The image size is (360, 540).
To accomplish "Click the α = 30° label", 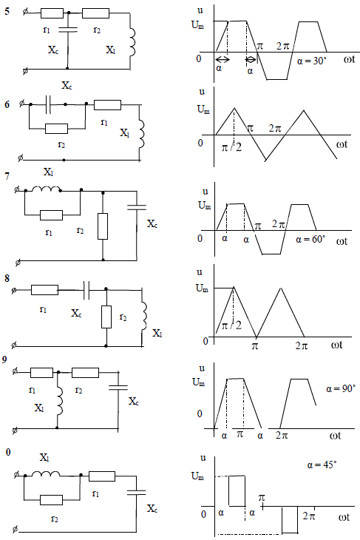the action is click(312, 61).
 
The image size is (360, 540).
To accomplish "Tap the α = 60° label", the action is click(310, 239).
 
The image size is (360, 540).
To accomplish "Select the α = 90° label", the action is click(340, 388).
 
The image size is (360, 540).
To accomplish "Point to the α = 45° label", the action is click(322, 465).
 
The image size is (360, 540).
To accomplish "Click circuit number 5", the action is click(7, 11).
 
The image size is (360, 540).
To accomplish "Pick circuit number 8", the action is click(7, 278).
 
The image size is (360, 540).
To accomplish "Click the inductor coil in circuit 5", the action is click(132, 42).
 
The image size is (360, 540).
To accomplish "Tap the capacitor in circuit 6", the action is click(48, 104).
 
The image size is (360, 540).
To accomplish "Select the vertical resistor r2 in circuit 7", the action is click(103, 226).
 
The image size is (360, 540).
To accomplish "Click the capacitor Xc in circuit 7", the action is click(137, 207).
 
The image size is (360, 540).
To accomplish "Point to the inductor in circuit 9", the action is click(60, 400).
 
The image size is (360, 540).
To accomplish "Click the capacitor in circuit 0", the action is click(136, 493).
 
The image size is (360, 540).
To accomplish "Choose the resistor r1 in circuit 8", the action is click(44, 290).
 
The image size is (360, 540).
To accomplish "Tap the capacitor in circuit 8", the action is click(86, 290).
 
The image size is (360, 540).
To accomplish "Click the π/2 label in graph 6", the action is click(231, 147).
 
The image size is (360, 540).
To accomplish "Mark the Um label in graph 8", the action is click(202, 288).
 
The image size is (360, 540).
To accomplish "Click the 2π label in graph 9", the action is click(282, 436).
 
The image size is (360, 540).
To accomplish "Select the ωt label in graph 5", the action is click(349, 59).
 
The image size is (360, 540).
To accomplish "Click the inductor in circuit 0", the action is click(46, 474).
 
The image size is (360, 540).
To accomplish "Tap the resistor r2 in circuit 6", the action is click(56, 129).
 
